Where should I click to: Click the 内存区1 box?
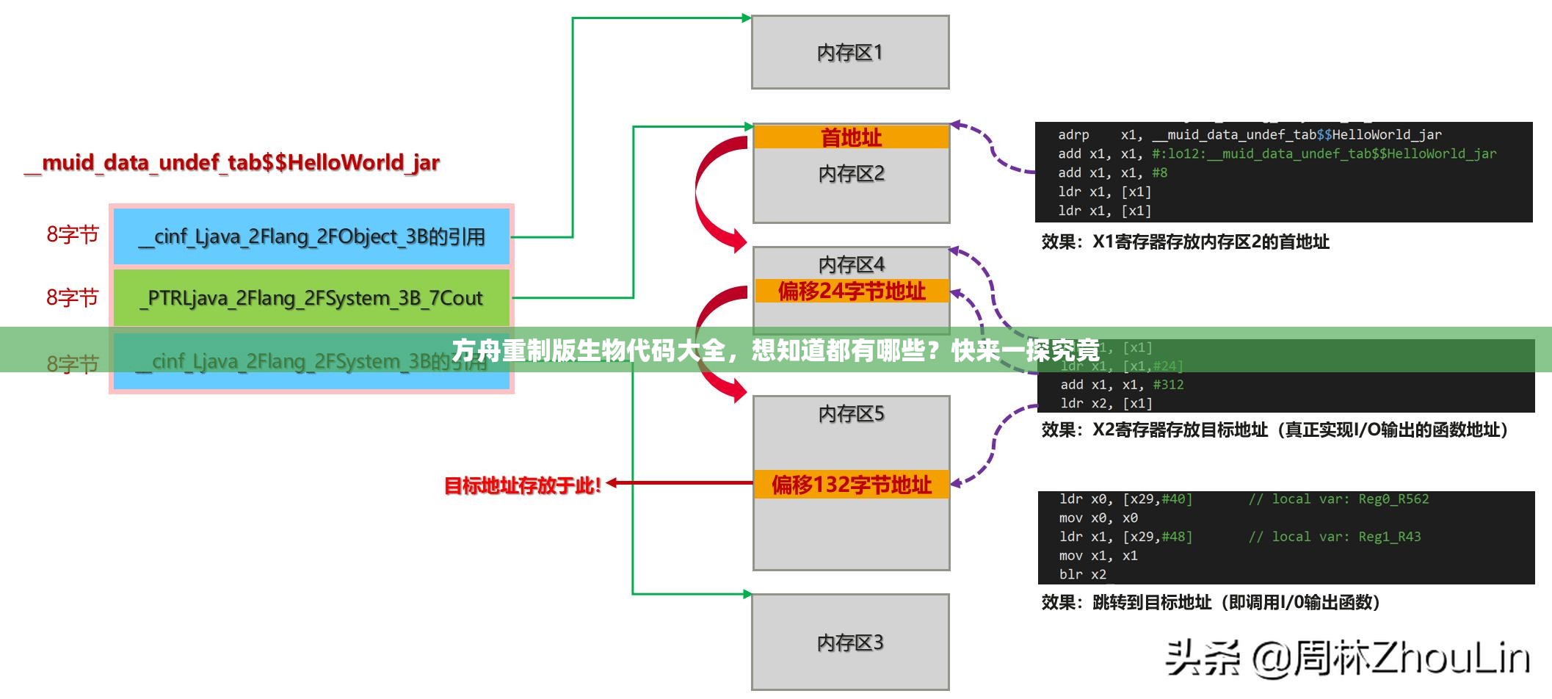click(849, 53)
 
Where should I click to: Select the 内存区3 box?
click(849, 642)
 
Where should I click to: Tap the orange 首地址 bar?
click(851, 137)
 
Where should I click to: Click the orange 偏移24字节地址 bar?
click(851, 291)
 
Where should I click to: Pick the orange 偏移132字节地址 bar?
click(851, 485)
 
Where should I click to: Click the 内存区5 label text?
click(851, 414)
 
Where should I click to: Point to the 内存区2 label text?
click(851, 174)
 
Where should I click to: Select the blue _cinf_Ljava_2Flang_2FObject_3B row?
click(311, 236)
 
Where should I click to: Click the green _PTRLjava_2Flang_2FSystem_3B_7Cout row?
click(311, 298)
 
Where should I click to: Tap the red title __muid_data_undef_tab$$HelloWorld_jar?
click(232, 162)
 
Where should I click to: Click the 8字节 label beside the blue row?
click(73, 235)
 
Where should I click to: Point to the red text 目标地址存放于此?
click(522, 485)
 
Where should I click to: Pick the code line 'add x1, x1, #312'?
click(1121, 385)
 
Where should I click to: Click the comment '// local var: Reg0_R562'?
click(1338, 499)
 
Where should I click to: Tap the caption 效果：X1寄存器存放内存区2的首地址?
click(1185, 242)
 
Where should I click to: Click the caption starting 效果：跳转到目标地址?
click(1211, 603)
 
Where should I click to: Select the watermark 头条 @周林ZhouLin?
click(1347, 657)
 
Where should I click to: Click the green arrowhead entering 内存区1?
click(746, 18)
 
